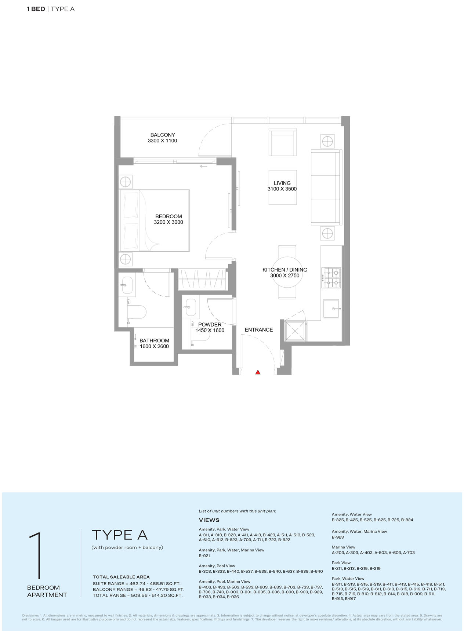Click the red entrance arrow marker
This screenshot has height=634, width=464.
tap(258, 372)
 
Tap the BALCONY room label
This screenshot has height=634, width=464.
tap(163, 135)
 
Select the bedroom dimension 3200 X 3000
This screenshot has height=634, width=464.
tap(168, 222)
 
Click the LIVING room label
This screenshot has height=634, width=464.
tap(282, 183)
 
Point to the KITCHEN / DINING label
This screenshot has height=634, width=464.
tap(285, 270)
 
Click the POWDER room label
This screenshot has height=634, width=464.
tap(210, 324)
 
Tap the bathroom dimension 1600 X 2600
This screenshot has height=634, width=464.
tap(154, 346)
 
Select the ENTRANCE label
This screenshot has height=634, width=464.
tap(259, 329)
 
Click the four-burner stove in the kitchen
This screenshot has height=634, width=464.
tap(331, 278)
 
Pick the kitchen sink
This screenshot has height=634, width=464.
tap(332, 309)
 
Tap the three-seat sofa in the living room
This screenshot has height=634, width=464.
tap(326, 187)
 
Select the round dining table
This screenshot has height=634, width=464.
tap(287, 272)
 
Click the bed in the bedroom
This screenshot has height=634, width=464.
tap(155, 221)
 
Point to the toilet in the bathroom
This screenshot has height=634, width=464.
tap(137, 312)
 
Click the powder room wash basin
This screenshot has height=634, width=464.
tap(191, 307)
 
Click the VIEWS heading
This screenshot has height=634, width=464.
tap(209, 520)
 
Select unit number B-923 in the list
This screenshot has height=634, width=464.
tap(338, 537)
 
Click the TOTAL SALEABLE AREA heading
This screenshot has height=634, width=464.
tap(121, 577)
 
